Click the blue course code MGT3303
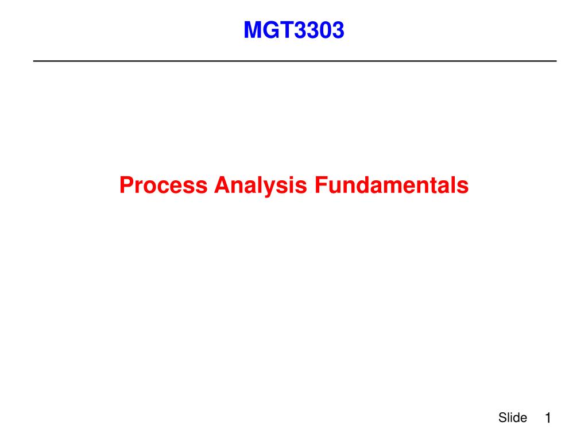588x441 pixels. (x=294, y=30)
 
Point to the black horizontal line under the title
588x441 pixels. (x=295, y=61)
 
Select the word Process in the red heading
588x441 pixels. (x=164, y=185)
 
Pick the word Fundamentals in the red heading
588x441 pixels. (x=392, y=185)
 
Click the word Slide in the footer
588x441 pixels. (x=513, y=417)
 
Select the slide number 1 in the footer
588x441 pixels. (x=548, y=418)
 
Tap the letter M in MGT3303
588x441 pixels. (x=252, y=30)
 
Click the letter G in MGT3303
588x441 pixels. (x=270, y=30)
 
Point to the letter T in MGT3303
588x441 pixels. (x=287, y=30)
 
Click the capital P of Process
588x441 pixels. (x=127, y=185)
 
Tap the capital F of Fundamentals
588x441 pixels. (x=322, y=185)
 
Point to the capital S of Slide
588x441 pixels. (x=503, y=417)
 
